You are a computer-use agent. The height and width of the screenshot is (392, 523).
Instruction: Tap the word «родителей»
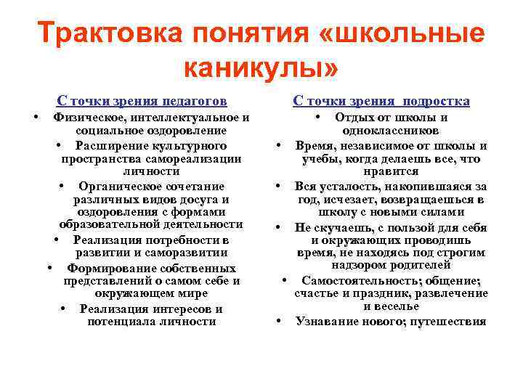coord(430,266)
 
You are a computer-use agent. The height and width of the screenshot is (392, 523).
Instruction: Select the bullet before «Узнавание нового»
coord(279,320)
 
